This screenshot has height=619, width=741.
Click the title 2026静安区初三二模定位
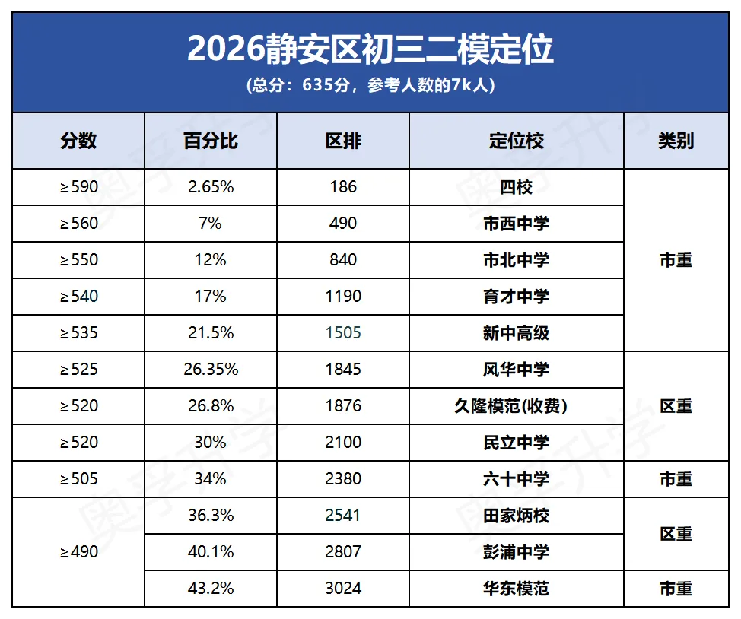click(370, 49)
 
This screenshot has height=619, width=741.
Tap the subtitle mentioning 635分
click(370, 85)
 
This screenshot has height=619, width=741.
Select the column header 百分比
click(211, 141)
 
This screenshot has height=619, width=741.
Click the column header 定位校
click(517, 141)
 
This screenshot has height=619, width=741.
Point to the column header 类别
click(676, 141)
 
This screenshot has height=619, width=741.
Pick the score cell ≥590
click(79, 187)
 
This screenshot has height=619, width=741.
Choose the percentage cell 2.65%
click(211, 187)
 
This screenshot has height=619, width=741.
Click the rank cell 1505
click(343, 333)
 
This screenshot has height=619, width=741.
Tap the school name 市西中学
click(517, 224)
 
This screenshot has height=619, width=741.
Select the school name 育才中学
click(517, 297)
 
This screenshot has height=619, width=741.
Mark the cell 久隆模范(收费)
click(517, 406)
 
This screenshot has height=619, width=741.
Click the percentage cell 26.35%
click(211, 370)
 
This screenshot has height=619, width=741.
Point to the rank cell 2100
click(343, 443)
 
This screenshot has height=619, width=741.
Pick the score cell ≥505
click(79, 479)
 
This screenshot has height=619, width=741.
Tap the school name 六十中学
click(517, 479)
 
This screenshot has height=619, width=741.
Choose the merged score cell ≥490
click(79, 552)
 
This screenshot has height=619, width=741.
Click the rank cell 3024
click(343, 589)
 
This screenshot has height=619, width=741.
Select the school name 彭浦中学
click(517, 552)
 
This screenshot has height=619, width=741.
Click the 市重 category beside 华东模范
click(676, 589)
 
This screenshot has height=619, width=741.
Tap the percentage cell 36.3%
click(211, 516)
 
